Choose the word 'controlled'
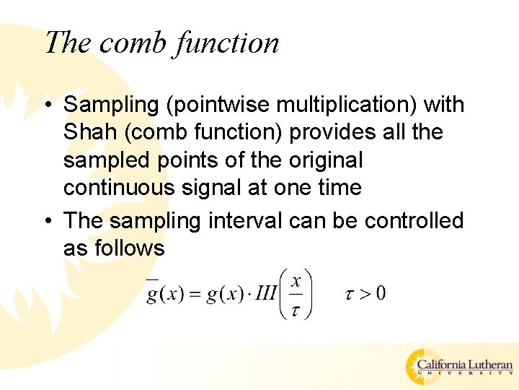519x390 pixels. [414, 220]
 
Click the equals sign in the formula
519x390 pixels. [195, 294]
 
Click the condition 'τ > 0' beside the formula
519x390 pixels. [365, 293]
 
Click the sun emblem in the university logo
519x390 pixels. [421, 366]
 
